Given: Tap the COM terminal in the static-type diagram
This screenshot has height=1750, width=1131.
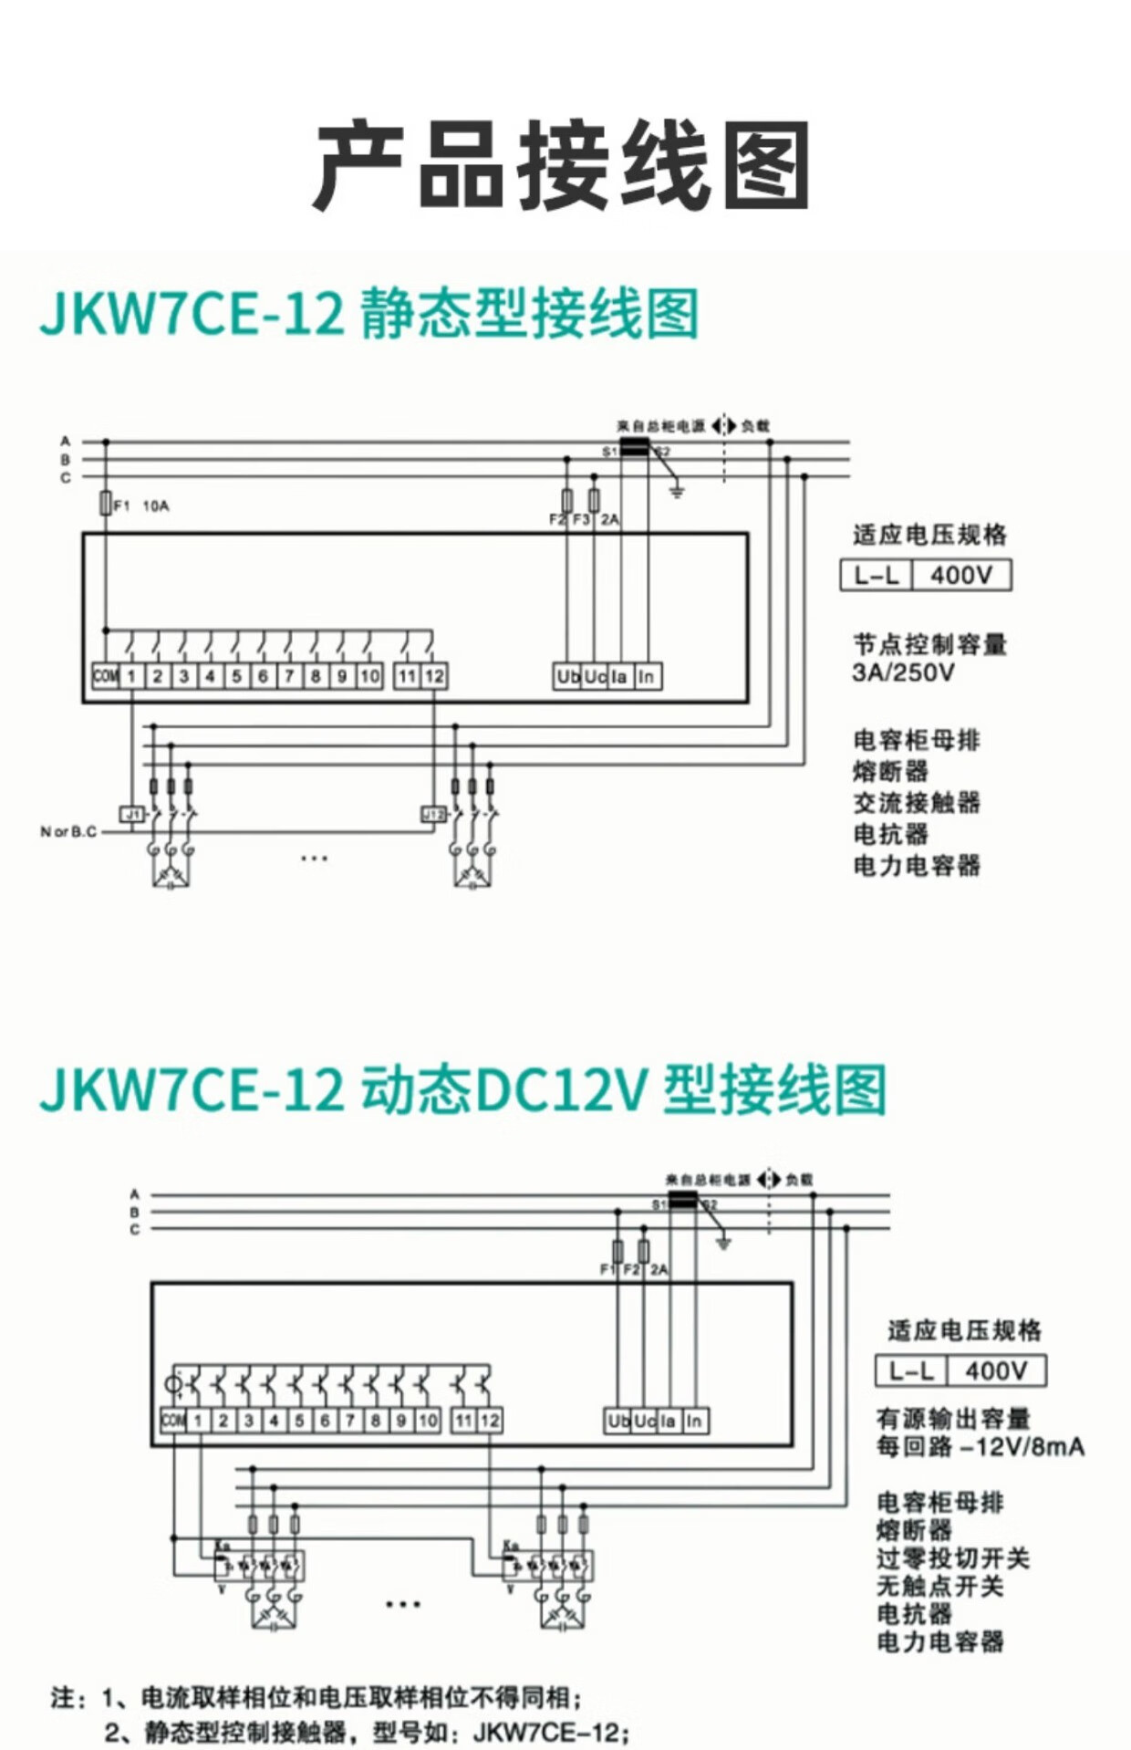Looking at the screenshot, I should (x=106, y=676).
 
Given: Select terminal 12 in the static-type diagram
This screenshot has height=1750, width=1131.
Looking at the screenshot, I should (x=433, y=676).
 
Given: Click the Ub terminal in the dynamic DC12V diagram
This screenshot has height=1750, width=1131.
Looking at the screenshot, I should (x=618, y=1421).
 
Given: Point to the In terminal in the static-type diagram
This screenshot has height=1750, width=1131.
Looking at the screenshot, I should (x=646, y=676).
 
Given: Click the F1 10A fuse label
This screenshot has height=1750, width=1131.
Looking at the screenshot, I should (x=137, y=505).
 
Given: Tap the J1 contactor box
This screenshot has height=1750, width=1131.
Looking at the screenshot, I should (x=133, y=813).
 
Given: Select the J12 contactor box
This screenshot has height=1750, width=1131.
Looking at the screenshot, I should (x=432, y=813).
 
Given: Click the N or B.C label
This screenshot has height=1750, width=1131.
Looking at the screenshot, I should (x=68, y=831).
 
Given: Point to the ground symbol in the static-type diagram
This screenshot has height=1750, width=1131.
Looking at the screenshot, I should (x=677, y=493).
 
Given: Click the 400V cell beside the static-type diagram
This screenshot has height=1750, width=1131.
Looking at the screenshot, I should (x=960, y=575).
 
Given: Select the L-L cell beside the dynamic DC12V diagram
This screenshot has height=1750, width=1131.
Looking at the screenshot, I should (x=911, y=1370).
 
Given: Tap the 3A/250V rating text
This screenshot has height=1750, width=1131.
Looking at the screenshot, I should (x=903, y=672).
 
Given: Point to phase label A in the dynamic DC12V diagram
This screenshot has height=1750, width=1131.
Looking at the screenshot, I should (x=134, y=1194).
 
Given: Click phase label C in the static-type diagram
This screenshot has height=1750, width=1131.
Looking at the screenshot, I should (x=66, y=477).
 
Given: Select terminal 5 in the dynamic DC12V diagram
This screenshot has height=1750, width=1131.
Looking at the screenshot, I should (x=298, y=1421).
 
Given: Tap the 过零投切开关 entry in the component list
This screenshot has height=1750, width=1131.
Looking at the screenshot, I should (x=953, y=1558).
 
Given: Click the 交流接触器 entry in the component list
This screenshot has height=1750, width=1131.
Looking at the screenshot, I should (x=917, y=803).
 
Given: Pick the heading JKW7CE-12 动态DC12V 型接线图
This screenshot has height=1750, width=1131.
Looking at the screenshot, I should (x=463, y=1089).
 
